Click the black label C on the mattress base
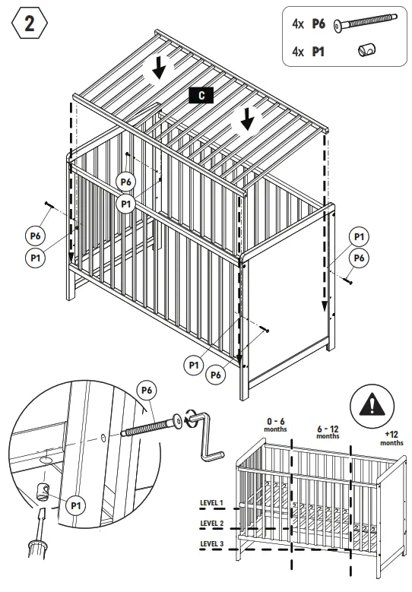pyautogui.click(x=201, y=95)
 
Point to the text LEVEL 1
pyautogui.click(x=211, y=503)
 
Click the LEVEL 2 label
pyautogui.click(x=211, y=524)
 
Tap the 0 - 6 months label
pyautogui.click(x=275, y=424)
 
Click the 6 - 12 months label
pyautogui.click(x=328, y=432)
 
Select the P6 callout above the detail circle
pyautogui.click(x=146, y=391)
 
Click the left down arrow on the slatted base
pyautogui.click(x=158, y=69)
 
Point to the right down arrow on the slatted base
pyautogui.click(x=246, y=119)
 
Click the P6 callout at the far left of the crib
pyautogui.click(x=35, y=236)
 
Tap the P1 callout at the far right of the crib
pyautogui.click(x=359, y=237)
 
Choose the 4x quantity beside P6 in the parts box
pyautogui.click(x=299, y=24)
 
